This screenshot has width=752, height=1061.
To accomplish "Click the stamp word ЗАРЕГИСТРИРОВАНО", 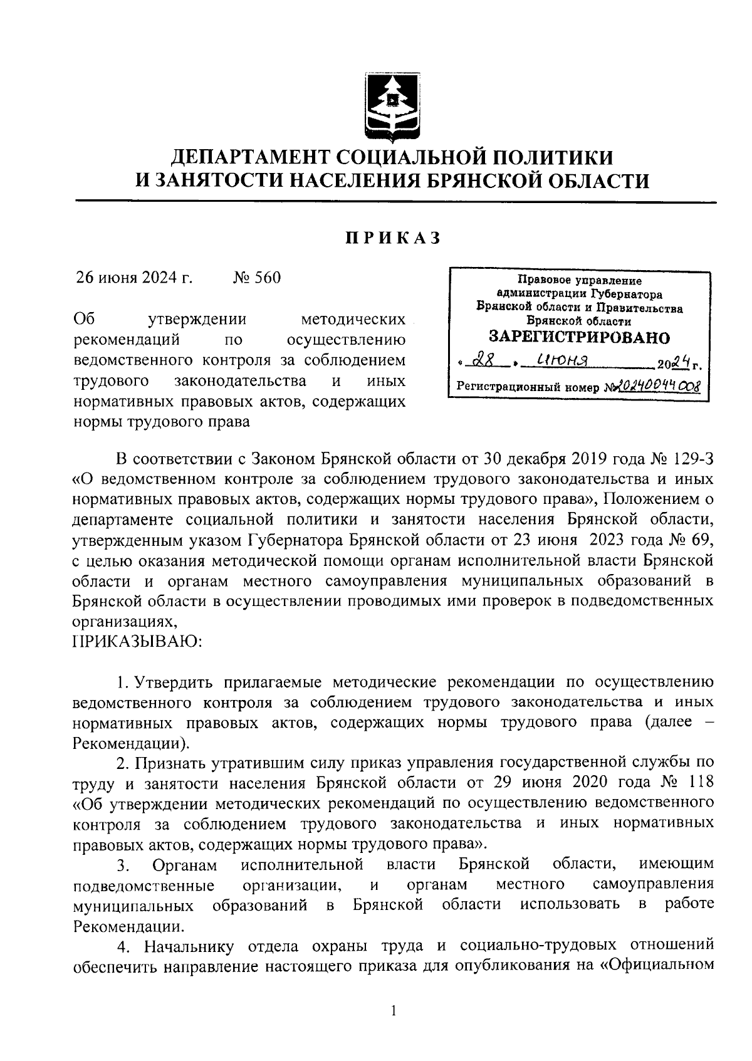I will (579, 337).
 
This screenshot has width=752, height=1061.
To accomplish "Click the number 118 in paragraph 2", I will (699, 783).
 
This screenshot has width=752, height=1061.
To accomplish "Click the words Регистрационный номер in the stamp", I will (528, 387).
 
